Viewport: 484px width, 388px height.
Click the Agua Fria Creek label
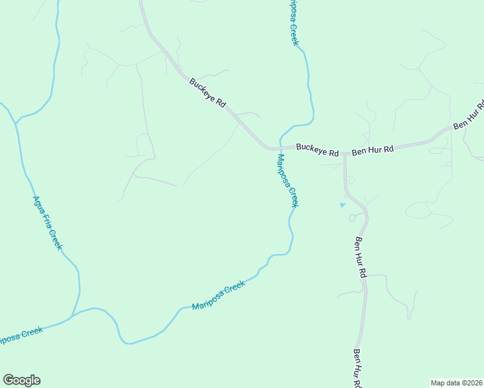[x=47, y=222]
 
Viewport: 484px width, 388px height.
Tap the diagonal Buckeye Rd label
[x=207, y=93]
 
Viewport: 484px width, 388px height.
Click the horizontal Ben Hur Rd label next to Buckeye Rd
[x=372, y=150]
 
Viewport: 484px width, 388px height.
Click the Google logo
[x=21, y=380]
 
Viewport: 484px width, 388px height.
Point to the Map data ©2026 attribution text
[x=456, y=383]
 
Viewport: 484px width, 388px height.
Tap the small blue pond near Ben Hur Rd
[x=342, y=205]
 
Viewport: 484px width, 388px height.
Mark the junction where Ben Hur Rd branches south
[x=345, y=153]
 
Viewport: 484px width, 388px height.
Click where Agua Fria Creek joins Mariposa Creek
[x=72, y=316]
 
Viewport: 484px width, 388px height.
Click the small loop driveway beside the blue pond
[x=353, y=218]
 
